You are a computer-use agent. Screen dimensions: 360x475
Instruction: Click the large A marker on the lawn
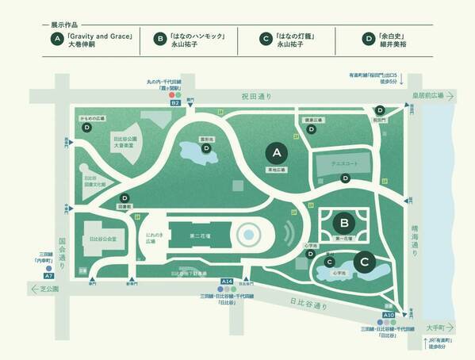277,151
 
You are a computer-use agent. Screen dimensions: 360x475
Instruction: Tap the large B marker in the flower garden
343,223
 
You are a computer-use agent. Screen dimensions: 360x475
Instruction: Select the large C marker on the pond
364,261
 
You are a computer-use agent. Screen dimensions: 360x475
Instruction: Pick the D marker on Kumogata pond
206,147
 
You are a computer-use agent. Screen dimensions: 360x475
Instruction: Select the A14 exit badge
227,281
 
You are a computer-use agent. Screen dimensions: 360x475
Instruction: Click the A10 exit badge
389,315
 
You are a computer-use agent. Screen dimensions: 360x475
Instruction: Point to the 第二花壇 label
200,236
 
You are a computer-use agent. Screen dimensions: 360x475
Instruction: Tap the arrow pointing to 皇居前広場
448,97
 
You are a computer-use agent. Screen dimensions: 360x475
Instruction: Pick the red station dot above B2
172,94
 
